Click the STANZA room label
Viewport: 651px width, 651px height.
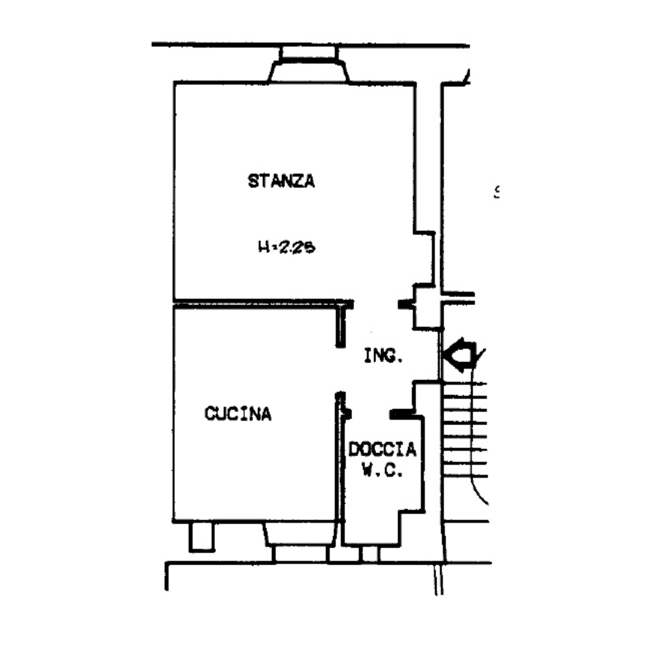281,181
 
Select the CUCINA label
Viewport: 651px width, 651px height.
238,414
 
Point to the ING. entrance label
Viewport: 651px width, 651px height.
383,356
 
